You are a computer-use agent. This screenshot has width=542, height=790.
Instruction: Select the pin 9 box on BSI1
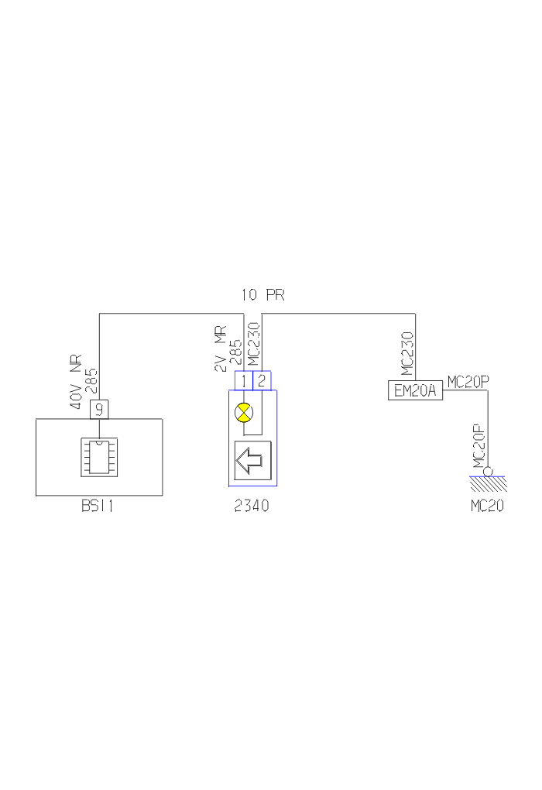(99, 410)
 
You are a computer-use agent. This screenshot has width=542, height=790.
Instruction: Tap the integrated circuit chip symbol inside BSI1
(99, 456)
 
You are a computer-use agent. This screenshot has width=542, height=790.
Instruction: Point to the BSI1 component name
(98, 508)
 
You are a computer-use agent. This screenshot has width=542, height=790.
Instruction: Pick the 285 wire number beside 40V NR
(90, 383)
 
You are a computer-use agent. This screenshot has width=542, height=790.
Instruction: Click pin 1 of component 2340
(243, 381)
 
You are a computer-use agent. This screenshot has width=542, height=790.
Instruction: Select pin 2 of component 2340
(262, 381)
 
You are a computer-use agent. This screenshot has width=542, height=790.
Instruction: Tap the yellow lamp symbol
(244, 413)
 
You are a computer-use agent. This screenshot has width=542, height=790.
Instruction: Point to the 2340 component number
(252, 508)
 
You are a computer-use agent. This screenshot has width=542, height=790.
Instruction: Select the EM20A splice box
(415, 390)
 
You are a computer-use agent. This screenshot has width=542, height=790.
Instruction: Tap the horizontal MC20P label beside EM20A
(468, 380)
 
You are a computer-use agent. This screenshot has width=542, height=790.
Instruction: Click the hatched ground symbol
(488, 484)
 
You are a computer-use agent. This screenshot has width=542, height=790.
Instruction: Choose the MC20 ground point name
(488, 508)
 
